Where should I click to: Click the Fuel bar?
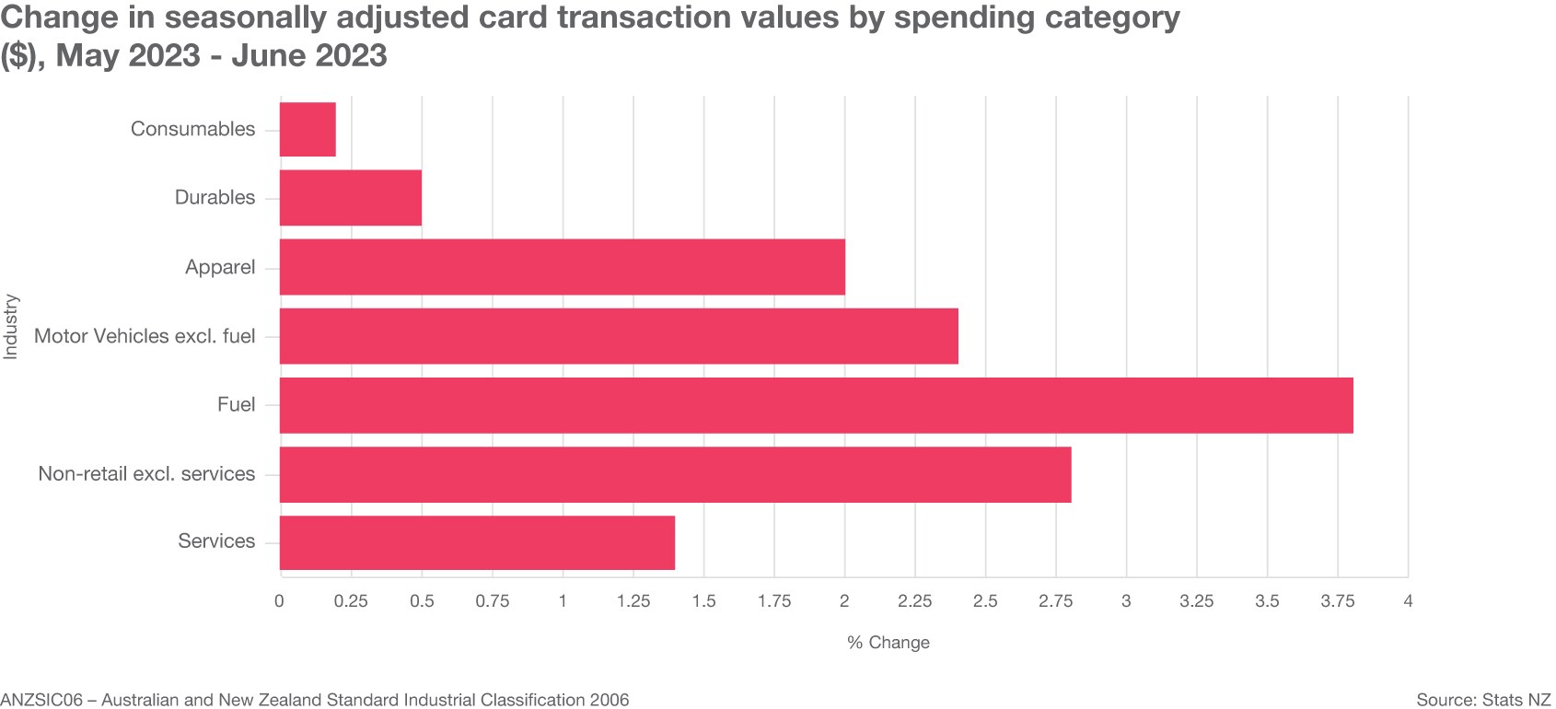[x=816, y=405]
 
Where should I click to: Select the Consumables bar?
[x=308, y=129]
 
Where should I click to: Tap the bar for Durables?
[x=350, y=198]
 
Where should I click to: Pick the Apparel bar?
[x=562, y=267]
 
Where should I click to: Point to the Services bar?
[x=477, y=542]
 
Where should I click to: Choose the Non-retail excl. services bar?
[x=675, y=474]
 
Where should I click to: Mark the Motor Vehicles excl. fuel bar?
[x=619, y=336]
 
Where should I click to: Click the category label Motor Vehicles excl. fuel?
[x=145, y=336]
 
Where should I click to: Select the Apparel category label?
[x=220, y=267]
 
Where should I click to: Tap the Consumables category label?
[x=192, y=129]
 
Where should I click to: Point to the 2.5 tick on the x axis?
[x=985, y=601]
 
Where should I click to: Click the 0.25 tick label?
[x=351, y=601]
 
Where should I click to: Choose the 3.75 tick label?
[x=1337, y=601]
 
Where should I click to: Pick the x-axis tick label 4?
[x=1407, y=601]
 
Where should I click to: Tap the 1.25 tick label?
[x=633, y=601]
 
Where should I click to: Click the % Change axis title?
[x=888, y=643]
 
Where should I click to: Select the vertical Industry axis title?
[x=11, y=326]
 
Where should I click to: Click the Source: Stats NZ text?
[x=1483, y=700]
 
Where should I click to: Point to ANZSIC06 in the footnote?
[x=41, y=700]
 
